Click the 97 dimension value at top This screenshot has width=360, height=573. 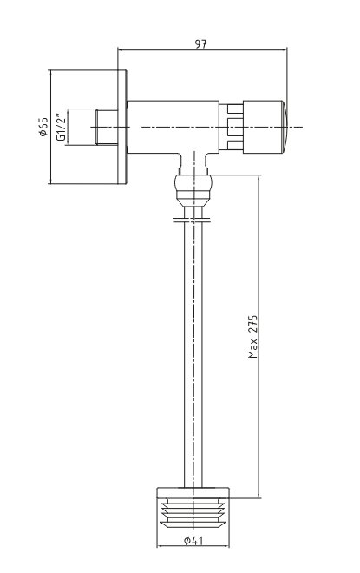click(200, 44)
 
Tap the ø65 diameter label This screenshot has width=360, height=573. click(43, 127)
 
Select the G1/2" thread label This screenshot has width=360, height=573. click(61, 127)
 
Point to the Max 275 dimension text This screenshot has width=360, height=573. click(253, 337)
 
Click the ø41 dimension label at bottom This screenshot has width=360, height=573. click(193, 541)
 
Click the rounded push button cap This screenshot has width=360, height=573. click(284, 127)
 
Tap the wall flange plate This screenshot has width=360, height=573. click(122, 127)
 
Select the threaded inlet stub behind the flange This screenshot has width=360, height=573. click(107, 127)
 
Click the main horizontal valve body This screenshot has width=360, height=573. click(173, 127)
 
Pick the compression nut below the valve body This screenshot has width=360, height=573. click(193, 190)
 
